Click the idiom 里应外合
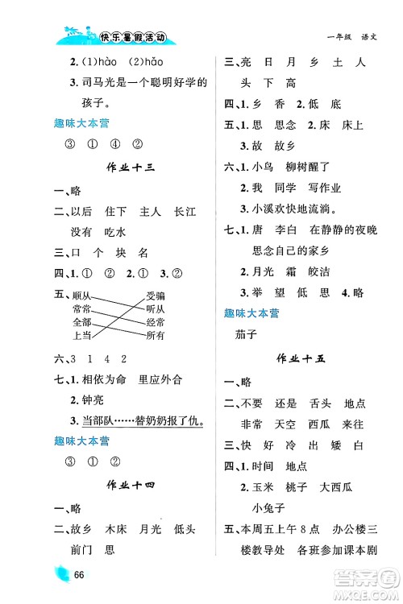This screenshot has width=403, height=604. (160, 379)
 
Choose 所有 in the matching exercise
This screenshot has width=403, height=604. (156, 334)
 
